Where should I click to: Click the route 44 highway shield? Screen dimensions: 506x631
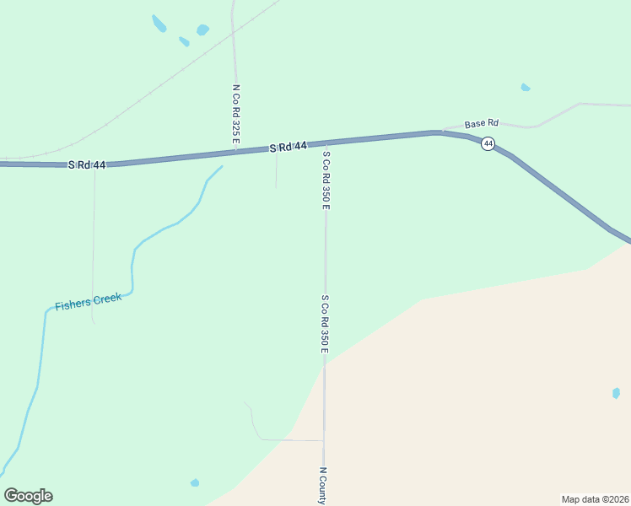coord(488,144)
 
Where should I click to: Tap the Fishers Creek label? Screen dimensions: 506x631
coord(89,301)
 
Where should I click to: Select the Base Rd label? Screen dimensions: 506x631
coord(482,123)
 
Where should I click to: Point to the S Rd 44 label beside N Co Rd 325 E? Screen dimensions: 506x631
coord(288,147)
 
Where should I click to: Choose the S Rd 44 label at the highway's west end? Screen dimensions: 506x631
coord(87,164)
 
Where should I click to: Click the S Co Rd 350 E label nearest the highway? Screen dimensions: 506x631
coord(325,178)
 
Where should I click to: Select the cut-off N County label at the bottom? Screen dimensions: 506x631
coord(322,486)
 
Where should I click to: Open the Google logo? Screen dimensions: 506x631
coord(28,496)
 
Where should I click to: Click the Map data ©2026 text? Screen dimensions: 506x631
coord(595,498)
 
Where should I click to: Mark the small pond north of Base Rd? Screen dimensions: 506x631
coord(526,87)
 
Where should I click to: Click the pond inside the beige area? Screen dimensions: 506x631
coord(616,393)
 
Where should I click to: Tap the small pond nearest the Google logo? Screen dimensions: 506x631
coord(195,482)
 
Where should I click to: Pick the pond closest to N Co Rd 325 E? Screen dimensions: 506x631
coord(202,30)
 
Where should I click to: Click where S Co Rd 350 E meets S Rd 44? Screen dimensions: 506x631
coord(325,143)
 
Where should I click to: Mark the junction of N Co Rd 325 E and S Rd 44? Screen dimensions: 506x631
coord(235,152)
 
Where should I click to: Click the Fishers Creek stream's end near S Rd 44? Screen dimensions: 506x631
coord(221,166)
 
